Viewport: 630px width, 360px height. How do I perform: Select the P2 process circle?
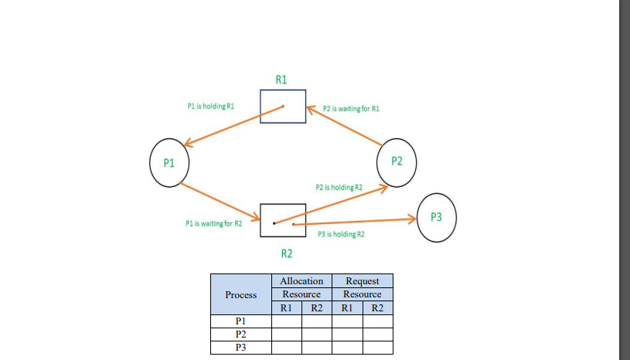click(397, 161)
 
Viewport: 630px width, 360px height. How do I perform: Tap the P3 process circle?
click(436, 216)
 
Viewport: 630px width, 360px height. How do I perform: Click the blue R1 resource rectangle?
click(282, 106)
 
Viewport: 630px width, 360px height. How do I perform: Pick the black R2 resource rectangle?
click(282, 220)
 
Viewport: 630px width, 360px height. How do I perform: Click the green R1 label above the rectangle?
click(281, 79)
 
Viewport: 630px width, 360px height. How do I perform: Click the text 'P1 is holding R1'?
click(210, 105)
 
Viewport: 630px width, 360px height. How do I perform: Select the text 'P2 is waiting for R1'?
click(351, 109)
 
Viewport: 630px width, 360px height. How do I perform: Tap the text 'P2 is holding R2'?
click(339, 187)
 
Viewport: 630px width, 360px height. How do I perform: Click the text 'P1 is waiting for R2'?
click(214, 223)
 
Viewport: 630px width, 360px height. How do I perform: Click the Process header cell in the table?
click(240, 294)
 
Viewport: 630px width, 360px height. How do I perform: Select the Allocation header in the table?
click(301, 281)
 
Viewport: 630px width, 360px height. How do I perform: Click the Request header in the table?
click(363, 281)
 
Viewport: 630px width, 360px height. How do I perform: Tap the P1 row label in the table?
click(240, 321)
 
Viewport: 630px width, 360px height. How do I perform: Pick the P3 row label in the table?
click(240, 348)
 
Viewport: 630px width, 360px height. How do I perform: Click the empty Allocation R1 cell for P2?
click(286, 334)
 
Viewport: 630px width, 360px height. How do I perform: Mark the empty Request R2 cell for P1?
click(377, 321)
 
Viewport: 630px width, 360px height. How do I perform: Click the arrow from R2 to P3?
click(356, 222)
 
